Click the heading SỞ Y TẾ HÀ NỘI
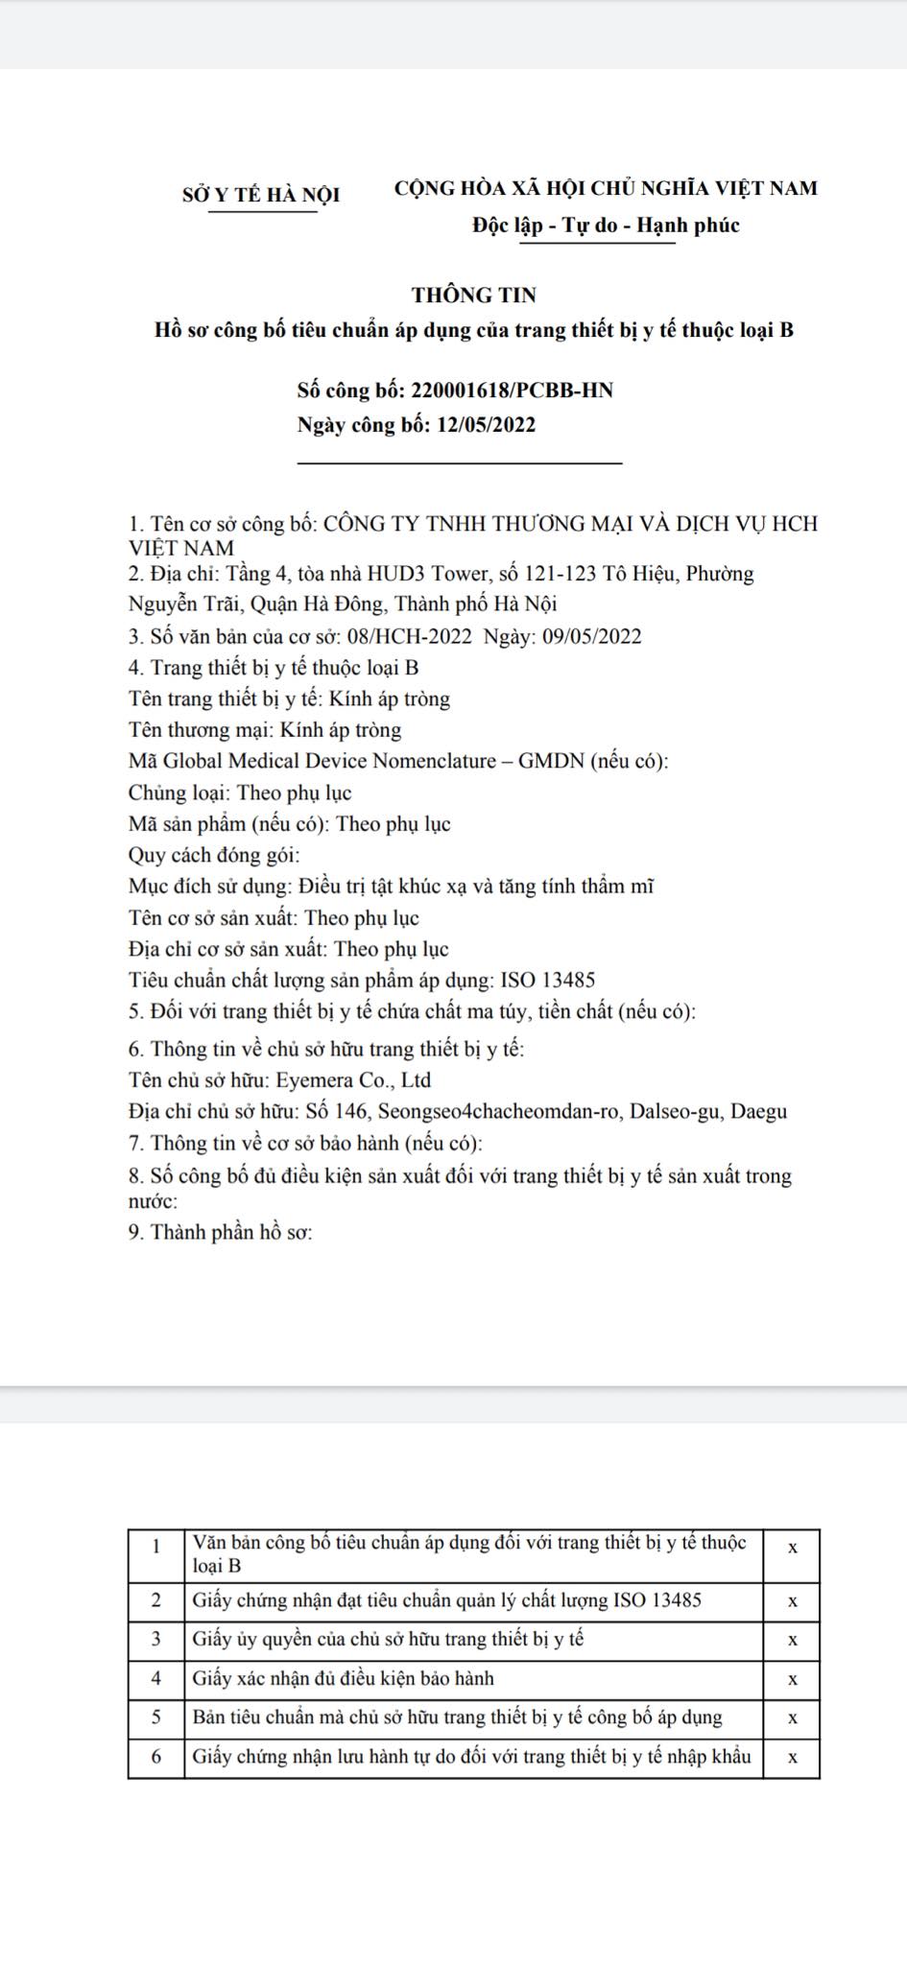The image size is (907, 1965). tap(261, 195)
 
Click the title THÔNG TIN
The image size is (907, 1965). tap(474, 295)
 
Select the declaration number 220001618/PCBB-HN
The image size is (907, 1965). tap(512, 391)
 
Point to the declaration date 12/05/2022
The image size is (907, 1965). tap(486, 425)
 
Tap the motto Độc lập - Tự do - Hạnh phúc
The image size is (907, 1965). tap(606, 225)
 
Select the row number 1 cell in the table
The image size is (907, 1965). tap(156, 1545)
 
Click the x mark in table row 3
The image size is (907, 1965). tap(792, 1640)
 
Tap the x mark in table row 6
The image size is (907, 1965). tap(792, 1758)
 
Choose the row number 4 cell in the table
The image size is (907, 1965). tap(156, 1678)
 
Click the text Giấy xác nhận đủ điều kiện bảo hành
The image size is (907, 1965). tap(343, 1678)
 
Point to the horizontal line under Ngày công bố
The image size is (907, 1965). tap(460, 463)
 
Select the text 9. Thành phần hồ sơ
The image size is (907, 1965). tap(221, 1232)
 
